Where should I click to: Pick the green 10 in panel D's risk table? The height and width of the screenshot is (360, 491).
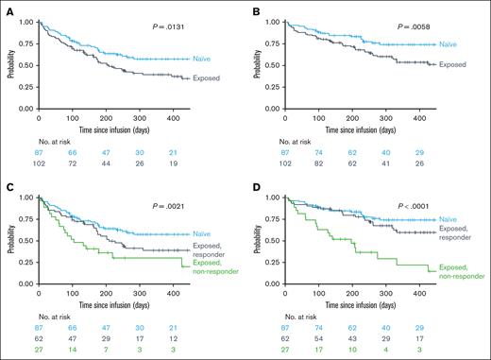361,347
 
